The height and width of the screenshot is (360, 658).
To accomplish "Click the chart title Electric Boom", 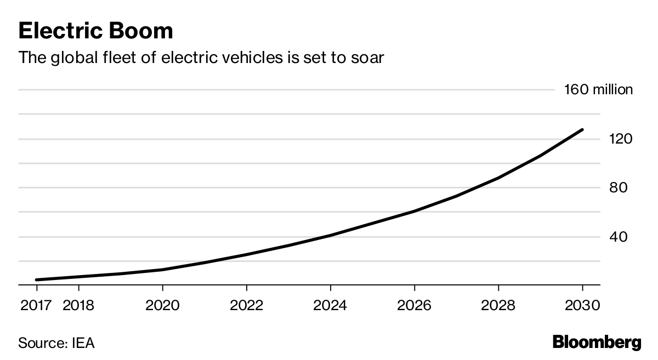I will pyautogui.click(x=95, y=31).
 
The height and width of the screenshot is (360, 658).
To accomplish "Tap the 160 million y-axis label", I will pyautogui.click(x=598, y=90).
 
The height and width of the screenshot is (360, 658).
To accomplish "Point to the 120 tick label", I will pyautogui.click(x=620, y=139).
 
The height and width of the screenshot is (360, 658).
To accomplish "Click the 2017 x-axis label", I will pyautogui.click(x=36, y=305).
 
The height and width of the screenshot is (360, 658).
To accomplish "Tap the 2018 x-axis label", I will pyautogui.click(x=78, y=305).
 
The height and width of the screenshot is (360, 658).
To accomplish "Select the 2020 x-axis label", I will pyautogui.click(x=162, y=305).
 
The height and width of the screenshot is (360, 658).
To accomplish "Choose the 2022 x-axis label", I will pyautogui.click(x=246, y=305).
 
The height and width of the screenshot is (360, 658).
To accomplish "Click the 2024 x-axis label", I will pyautogui.click(x=330, y=305).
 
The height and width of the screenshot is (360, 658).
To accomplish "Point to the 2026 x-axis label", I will pyautogui.click(x=414, y=305).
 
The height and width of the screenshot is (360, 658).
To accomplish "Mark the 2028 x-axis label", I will pyautogui.click(x=498, y=305).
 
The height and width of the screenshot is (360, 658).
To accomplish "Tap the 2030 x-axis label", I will pyautogui.click(x=582, y=305).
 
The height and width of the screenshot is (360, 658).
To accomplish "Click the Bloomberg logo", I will pyautogui.click(x=597, y=343).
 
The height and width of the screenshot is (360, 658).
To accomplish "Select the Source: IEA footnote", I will pyautogui.click(x=56, y=344).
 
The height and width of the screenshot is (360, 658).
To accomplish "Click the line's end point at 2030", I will pyautogui.click(x=582, y=130).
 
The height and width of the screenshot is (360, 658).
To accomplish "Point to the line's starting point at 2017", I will pyautogui.click(x=37, y=280).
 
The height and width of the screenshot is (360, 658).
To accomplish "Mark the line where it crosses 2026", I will pyautogui.click(x=414, y=211).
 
